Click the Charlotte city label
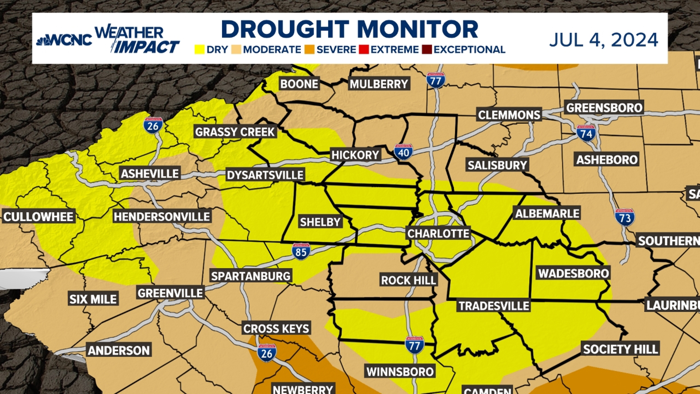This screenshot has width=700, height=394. [438, 233]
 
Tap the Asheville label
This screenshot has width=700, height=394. [150, 174]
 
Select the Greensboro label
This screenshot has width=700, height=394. [604, 108]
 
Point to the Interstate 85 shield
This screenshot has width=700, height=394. [301, 251]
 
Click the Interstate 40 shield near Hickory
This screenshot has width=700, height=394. [403, 152]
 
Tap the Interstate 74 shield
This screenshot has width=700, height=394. [586, 134]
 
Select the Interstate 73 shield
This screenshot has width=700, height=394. [625, 218]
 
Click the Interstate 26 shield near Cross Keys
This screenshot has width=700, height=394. [267, 353]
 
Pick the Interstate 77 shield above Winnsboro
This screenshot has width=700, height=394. [415, 345]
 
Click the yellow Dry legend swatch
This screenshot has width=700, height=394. [199, 50]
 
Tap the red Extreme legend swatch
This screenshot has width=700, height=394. [363, 50]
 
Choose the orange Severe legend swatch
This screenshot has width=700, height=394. [310, 50]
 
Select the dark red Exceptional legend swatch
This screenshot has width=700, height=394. [427, 50]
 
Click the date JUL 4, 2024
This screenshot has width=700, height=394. [603, 40]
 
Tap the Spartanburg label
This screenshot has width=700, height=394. [251, 276]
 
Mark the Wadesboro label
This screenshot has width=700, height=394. [573, 273]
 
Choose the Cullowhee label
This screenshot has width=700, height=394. [39, 217]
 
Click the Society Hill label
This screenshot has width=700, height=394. [621, 349]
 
